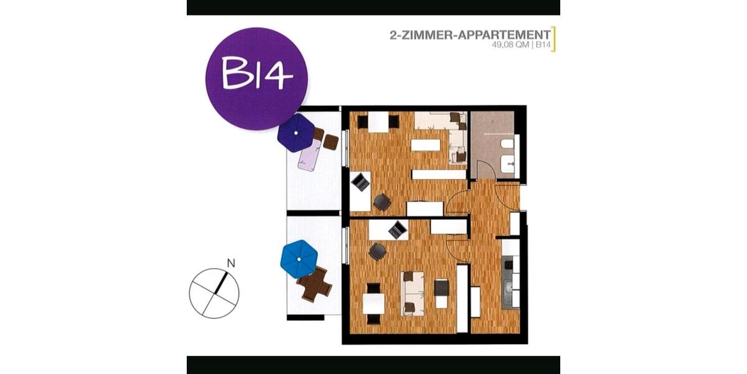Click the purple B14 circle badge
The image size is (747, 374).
click(256, 78)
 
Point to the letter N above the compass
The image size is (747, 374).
click(231, 264)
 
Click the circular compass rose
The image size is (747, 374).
click(214, 294)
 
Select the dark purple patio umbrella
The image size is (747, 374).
click(296, 133)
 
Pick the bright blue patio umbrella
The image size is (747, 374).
click(299, 259)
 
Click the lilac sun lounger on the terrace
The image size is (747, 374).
click(309, 156)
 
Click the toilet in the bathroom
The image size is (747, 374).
click(507, 147)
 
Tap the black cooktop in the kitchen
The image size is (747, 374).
click(509, 266)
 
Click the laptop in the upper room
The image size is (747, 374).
click(360, 182)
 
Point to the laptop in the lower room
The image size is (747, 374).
click(397, 230)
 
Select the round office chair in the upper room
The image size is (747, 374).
click(382, 202)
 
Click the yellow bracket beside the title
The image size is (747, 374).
click(553, 39)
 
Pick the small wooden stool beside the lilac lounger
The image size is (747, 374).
click(331, 142)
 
